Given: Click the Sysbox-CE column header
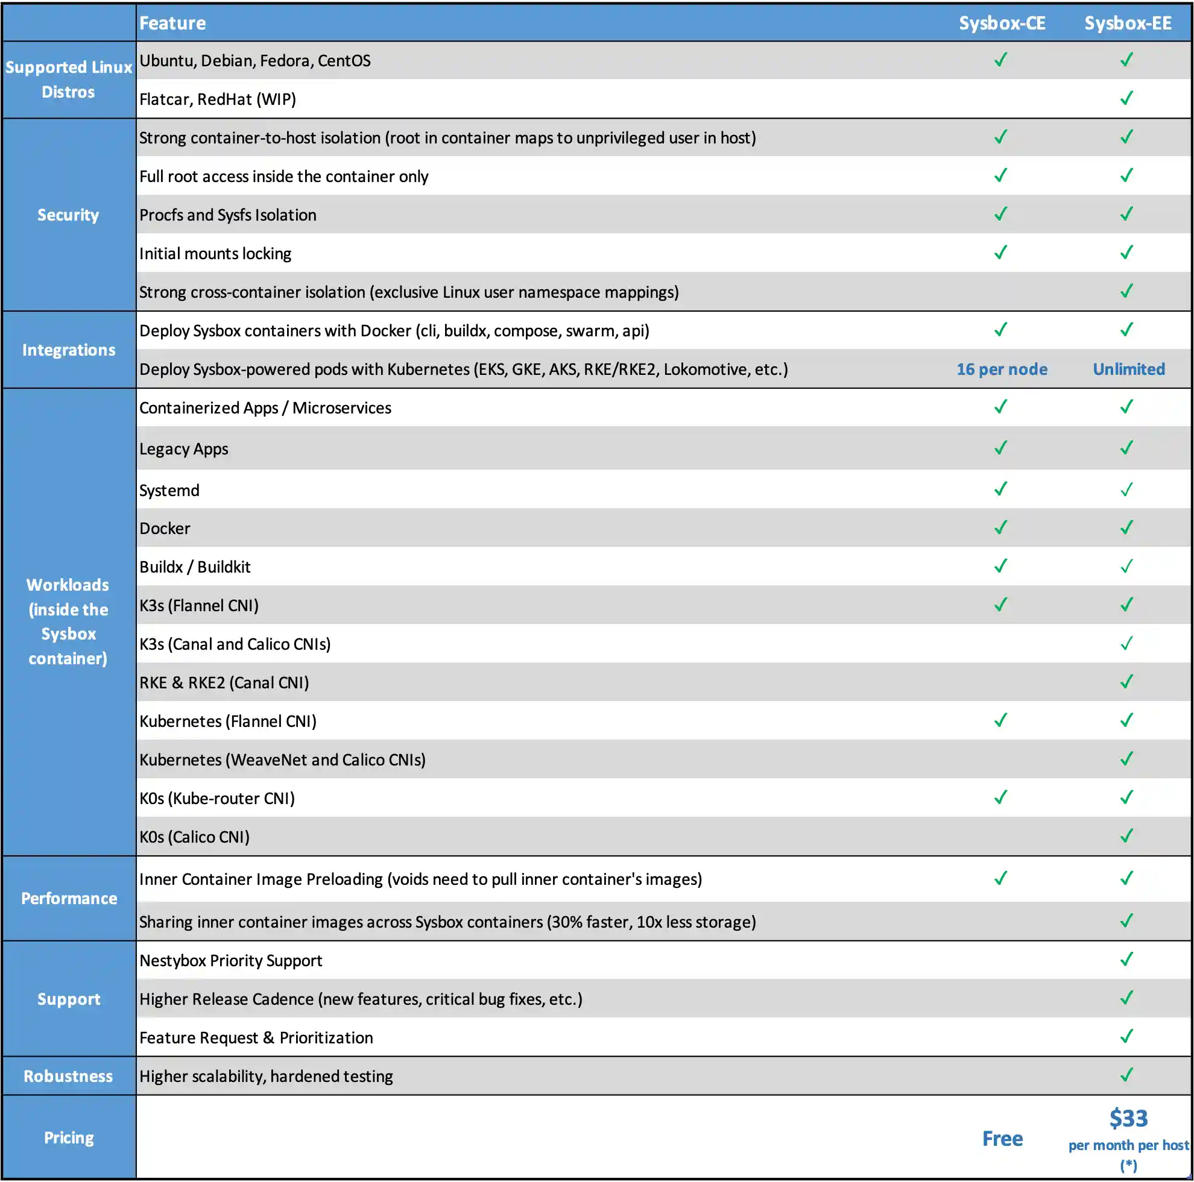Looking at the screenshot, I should pyautogui.click(x=1002, y=24).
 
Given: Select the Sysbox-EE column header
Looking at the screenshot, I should pyautogui.click(x=1128, y=24).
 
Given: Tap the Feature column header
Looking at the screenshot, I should pyautogui.click(x=172, y=24).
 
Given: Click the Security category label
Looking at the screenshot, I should pyautogui.click(x=68, y=215).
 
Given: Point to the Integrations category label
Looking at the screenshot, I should pyautogui.click(x=69, y=350).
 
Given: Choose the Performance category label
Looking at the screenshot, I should pyautogui.click(x=69, y=898).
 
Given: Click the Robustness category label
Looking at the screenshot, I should pyautogui.click(x=68, y=1077).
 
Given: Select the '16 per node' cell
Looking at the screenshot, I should pyautogui.click(x=1002, y=369).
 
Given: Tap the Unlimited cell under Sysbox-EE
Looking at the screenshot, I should pyautogui.click(x=1128, y=369).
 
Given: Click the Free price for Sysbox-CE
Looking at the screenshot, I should pyautogui.click(x=1002, y=1139).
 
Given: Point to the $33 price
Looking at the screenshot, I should pyautogui.click(x=1128, y=1118).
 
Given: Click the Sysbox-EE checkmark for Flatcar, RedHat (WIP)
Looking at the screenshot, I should pyautogui.click(x=1126, y=98).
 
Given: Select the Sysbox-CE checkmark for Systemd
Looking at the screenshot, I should pyautogui.click(x=1000, y=489).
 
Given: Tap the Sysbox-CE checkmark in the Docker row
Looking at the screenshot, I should pyautogui.click(x=1000, y=527).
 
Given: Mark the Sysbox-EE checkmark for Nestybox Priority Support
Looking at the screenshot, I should pyautogui.click(x=1126, y=960).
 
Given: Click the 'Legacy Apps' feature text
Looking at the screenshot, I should pyautogui.click(x=183, y=449).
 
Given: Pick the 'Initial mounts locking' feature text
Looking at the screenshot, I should pyautogui.click(x=215, y=254).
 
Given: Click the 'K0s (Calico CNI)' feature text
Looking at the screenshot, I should pyautogui.click(x=194, y=837).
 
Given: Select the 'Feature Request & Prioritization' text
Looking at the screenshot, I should pyautogui.click(x=256, y=1038).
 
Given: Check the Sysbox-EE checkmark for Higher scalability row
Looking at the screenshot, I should pyautogui.click(x=1126, y=1075).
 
